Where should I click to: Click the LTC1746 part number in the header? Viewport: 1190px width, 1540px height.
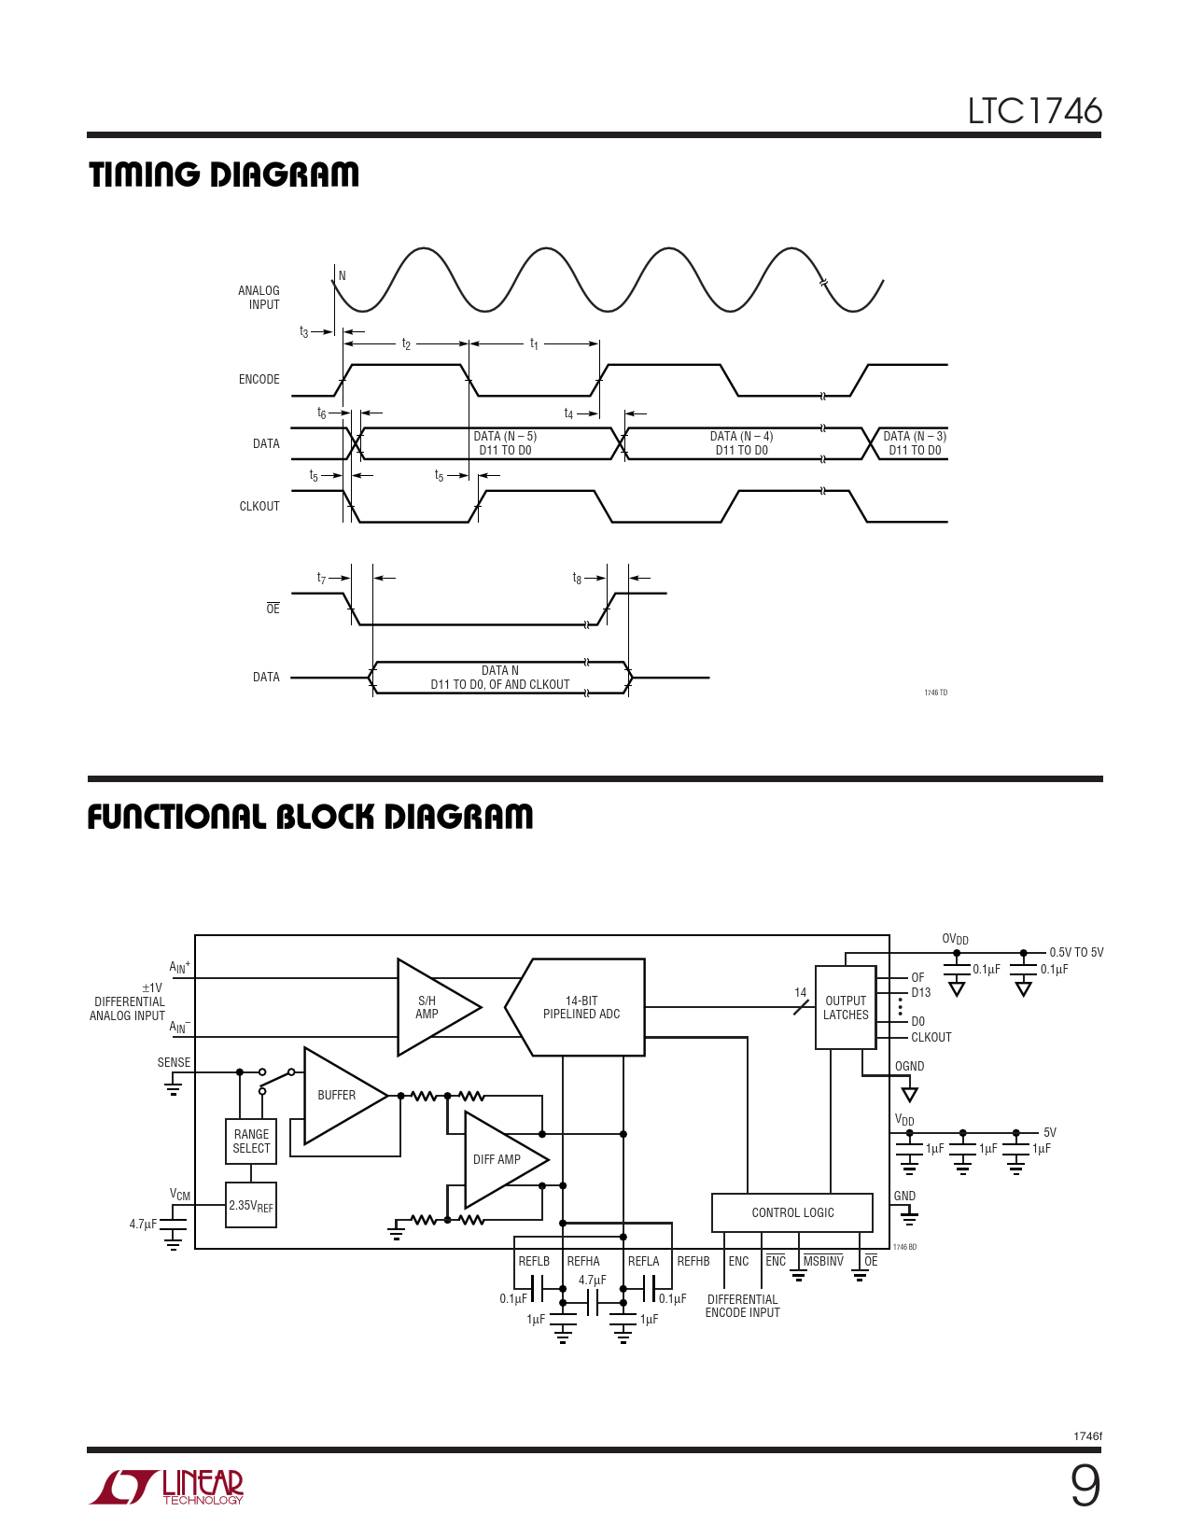click(x=1035, y=111)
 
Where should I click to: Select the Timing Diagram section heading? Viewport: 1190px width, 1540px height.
click(x=224, y=175)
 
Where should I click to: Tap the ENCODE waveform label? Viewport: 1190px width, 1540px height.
click(x=259, y=379)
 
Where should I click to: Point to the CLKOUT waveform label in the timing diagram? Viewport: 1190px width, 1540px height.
click(x=259, y=506)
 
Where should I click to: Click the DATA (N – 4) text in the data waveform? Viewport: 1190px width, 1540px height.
click(x=741, y=436)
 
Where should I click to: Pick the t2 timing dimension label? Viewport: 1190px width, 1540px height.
click(x=406, y=343)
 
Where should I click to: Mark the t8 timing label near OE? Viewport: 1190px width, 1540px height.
click(x=577, y=579)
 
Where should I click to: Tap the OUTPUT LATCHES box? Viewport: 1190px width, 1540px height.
click(x=846, y=1007)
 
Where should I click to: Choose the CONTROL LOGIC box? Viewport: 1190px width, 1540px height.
click(x=792, y=1212)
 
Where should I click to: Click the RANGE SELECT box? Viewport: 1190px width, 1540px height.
click(x=251, y=1141)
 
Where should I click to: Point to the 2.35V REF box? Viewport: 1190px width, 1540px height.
click(x=251, y=1205)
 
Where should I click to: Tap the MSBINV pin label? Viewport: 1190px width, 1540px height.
click(x=823, y=1262)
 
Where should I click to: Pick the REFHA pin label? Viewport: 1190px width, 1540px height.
click(x=583, y=1262)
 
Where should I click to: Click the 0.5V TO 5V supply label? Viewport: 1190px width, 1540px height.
click(x=1076, y=953)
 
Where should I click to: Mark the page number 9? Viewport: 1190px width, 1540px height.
click(x=1085, y=1486)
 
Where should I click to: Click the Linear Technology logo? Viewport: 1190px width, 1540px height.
click(x=166, y=1486)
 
